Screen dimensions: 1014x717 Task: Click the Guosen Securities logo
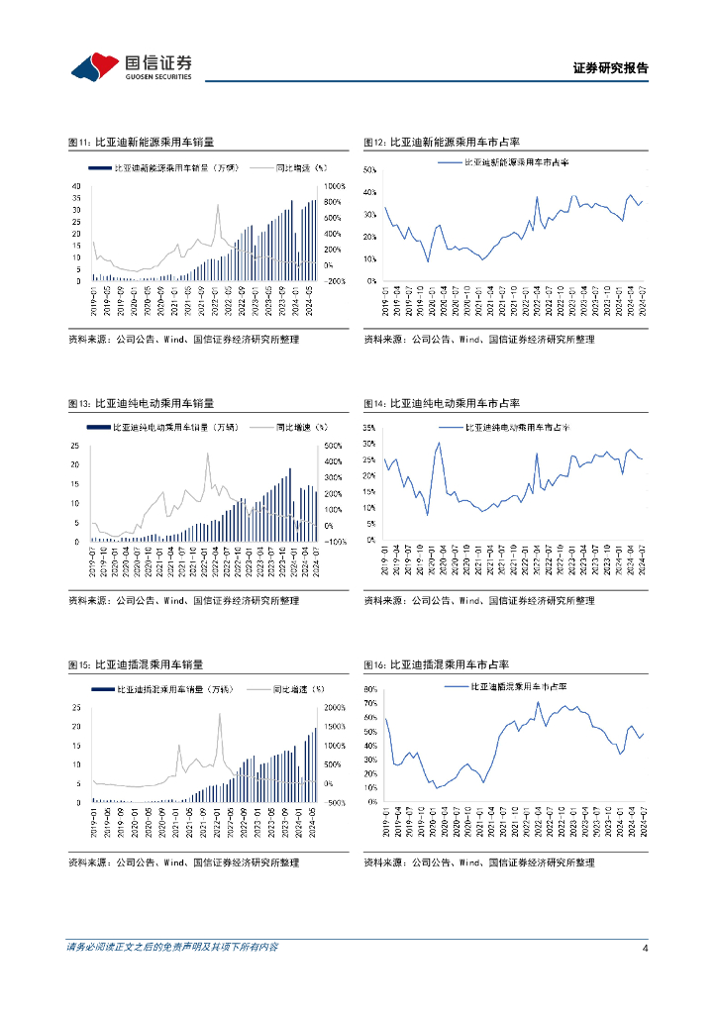pos(131,66)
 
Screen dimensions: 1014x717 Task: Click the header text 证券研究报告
pos(610,69)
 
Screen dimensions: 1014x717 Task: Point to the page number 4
pos(645,948)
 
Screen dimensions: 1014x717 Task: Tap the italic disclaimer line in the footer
pos(171,948)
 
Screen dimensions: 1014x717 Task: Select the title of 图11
pos(140,143)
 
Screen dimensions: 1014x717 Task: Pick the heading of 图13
pos(140,403)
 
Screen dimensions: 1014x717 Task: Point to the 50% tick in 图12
pos(370,170)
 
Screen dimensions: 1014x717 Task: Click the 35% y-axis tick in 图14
pos(370,428)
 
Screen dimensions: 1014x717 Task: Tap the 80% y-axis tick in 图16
pos(370,688)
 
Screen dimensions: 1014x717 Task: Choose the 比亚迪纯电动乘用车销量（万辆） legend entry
pos(175,428)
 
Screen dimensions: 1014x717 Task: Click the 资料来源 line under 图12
pos(479,340)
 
